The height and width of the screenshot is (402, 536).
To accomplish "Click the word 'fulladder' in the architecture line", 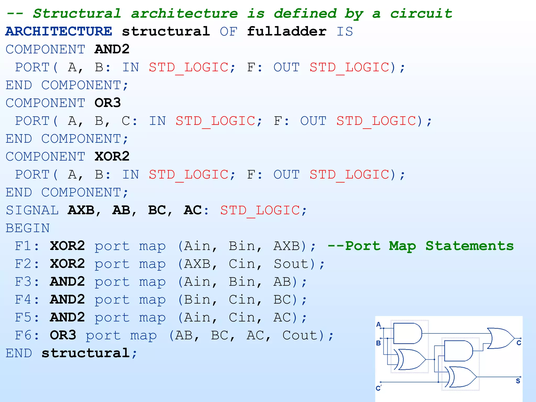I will pyautogui.click(x=287, y=31).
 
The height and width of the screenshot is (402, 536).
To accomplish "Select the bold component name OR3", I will pyautogui.click(x=108, y=103).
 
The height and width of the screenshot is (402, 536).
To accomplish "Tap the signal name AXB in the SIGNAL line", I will pyautogui.click(x=81, y=210).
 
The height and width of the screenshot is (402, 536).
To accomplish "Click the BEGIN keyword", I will pyautogui.click(x=28, y=228).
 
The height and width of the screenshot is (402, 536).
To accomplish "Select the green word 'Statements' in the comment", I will pyautogui.click(x=470, y=246).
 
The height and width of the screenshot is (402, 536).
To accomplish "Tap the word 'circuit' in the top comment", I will pyautogui.click(x=421, y=14).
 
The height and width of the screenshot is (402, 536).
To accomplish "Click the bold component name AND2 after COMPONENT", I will pyautogui.click(x=112, y=49).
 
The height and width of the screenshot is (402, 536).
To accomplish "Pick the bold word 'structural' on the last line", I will pyautogui.click(x=85, y=353).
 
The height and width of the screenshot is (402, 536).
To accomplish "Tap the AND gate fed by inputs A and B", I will pyautogui.click(x=407, y=333).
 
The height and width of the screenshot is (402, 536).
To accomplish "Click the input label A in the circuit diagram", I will pyautogui.click(x=378, y=325).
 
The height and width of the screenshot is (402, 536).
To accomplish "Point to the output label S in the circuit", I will pyautogui.click(x=518, y=381).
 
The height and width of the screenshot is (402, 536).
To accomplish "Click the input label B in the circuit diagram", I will pyautogui.click(x=378, y=343).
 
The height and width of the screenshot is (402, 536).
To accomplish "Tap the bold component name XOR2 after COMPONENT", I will pyautogui.click(x=112, y=157).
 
